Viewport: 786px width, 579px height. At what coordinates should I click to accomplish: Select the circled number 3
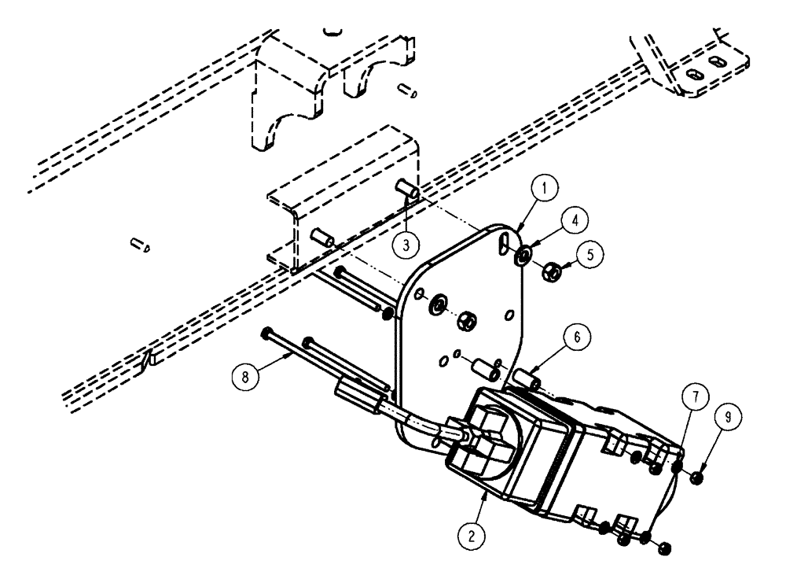405,244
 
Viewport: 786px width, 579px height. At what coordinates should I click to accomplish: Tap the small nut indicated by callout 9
696,478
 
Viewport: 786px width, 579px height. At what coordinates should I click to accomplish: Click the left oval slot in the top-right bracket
694,72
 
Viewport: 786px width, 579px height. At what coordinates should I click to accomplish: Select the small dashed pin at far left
141,247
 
